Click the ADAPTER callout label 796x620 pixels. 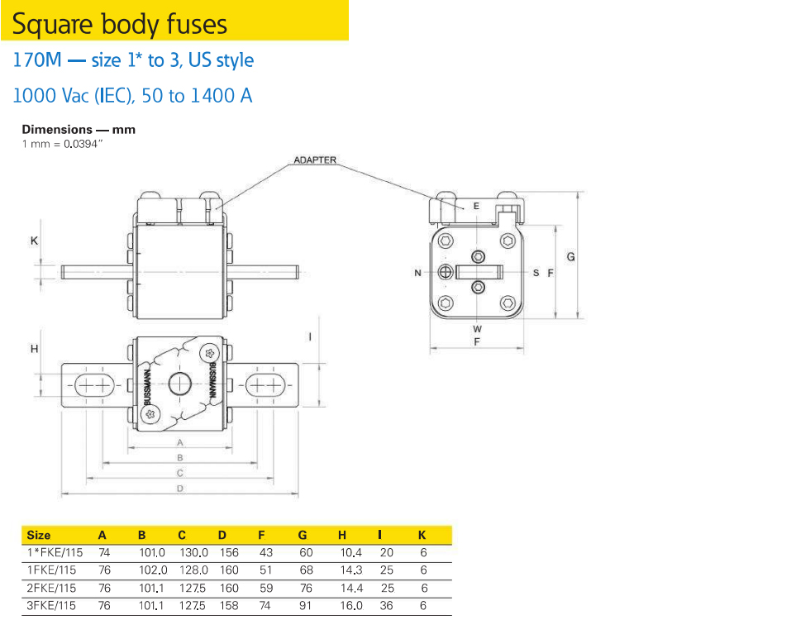[x=315, y=160]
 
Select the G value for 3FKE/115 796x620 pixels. [x=305, y=606]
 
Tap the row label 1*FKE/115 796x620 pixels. [x=55, y=552]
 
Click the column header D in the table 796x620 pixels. [x=222, y=535]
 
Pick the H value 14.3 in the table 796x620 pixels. [x=351, y=570]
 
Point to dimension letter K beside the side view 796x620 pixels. [x=34, y=241]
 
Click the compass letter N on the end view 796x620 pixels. [x=417, y=273]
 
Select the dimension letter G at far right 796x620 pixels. [x=570, y=257]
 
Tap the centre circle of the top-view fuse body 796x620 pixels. [x=179, y=384]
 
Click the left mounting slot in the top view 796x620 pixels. [x=95, y=385]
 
